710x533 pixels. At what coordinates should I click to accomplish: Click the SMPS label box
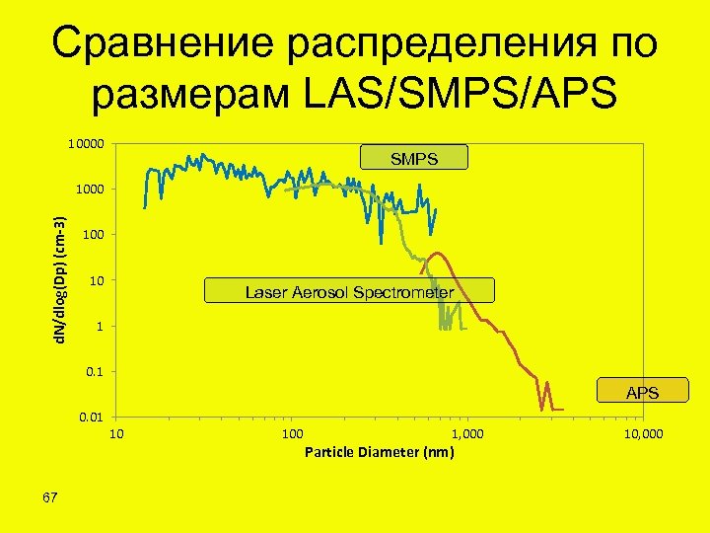[x=414, y=158]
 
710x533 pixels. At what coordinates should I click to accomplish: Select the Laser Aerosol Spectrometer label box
[x=349, y=291]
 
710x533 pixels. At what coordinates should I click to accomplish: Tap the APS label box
[x=642, y=392]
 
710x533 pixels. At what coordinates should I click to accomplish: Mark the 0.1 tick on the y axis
[x=97, y=372]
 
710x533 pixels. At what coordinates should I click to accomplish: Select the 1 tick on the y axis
[x=100, y=327]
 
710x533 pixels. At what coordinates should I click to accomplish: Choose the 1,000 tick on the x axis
[x=467, y=435]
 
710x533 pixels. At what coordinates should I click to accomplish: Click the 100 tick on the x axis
[x=292, y=435]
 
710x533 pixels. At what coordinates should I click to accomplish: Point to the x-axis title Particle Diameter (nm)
[x=380, y=453]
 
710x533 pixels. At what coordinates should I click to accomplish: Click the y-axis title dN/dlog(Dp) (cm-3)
[x=61, y=282]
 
